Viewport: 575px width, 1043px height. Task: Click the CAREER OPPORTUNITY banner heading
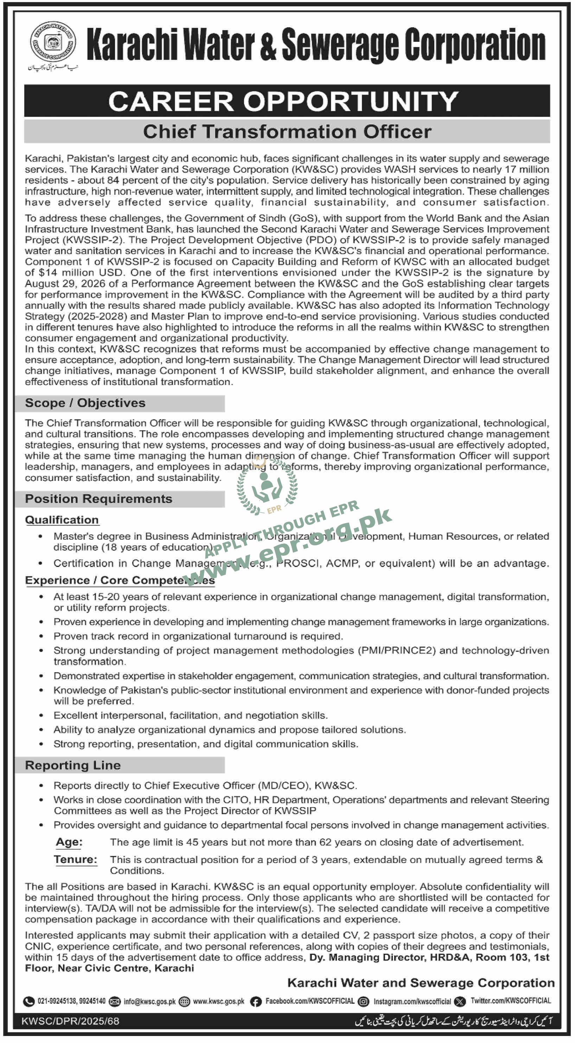(x=283, y=101)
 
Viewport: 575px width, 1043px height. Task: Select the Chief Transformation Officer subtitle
(x=287, y=132)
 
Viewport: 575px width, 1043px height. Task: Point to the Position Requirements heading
(x=98, y=499)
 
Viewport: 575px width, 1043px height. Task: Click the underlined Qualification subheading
(x=62, y=520)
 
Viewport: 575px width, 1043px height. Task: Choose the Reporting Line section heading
(x=73, y=765)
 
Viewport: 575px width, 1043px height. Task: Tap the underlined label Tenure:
(x=76, y=859)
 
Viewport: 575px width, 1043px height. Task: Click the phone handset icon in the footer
(x=28, y=1001)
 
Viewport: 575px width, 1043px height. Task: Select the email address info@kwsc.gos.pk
(x=149, y=1001)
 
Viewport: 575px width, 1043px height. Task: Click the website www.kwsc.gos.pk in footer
(x=219, y=1001)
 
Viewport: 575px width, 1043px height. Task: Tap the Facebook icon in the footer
(x=256, y=1001)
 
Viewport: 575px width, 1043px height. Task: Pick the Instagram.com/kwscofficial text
(x=412, y=1001)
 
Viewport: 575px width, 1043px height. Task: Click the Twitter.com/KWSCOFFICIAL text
(x=511, y=1001)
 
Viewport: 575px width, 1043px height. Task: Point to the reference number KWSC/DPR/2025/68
(x=70, y=1021)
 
